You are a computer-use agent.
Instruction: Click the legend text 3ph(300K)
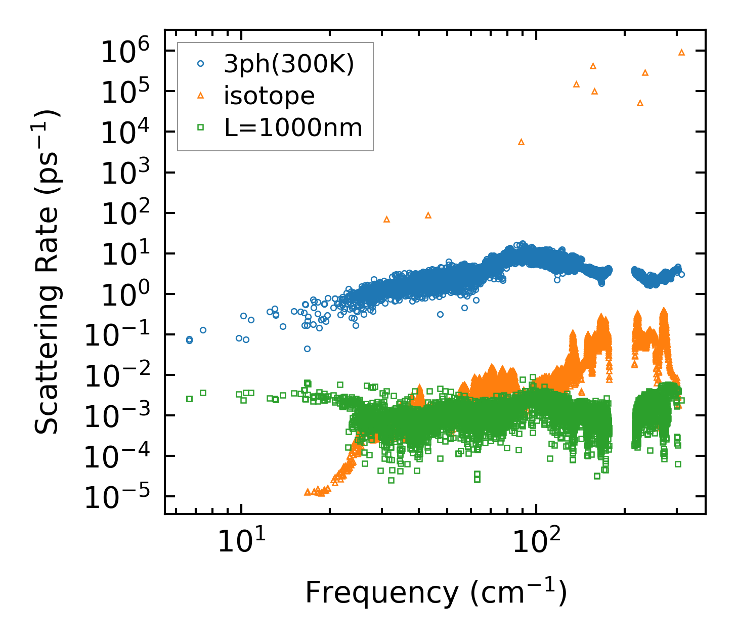(x=289, y=64)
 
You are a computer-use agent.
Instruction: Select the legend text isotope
(x=269, y=96)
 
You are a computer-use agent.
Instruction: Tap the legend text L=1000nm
(x=293, y=128)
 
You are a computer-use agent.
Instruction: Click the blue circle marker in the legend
(x=200, y=64)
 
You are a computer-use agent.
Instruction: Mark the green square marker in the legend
(x=200, y=127)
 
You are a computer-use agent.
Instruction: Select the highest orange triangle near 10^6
(x=681, y=53)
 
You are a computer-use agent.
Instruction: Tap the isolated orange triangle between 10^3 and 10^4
(x=522, y=142)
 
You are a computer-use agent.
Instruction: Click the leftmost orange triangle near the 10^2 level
(x=387, y=220)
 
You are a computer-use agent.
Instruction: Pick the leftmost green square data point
(x=189, y=399)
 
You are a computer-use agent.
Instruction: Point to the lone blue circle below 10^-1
(x=307, y=349)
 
